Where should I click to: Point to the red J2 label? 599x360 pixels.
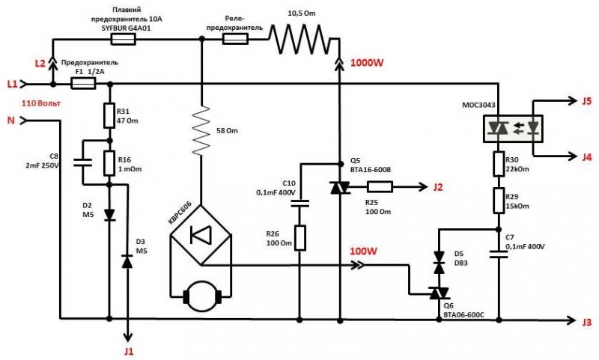click(439, 188)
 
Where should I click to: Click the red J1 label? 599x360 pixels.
click(129, 350)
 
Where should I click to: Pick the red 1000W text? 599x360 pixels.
click(367, 64)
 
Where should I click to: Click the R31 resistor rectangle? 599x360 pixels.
click(109, 116)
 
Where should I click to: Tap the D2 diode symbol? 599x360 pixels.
click(109, 215)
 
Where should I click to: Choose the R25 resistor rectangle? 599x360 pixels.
click(379, 188)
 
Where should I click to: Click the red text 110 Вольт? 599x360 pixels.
click(39, 103)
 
